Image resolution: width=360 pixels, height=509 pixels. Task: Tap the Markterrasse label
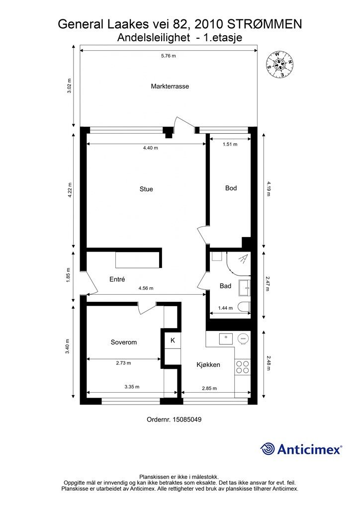[x=170, y=86]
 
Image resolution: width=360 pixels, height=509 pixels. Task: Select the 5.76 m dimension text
[x=169, y=56]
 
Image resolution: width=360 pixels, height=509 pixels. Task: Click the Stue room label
[x=146, y=189]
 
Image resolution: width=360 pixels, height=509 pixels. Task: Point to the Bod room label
[x=231, y=188]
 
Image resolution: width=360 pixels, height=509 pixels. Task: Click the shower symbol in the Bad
[x=243, y=258]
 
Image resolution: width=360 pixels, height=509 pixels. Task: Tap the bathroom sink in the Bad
[x=245, y=288]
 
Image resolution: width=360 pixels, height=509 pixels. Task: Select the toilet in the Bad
[x=244, y=307]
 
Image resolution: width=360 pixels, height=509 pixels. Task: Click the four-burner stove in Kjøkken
[x=243, y=367]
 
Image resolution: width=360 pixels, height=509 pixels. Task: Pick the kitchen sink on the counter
[x=226, y=339]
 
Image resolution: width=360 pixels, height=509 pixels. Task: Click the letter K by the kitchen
[x=173, y=340]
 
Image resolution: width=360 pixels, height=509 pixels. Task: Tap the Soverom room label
[x=124, y=342]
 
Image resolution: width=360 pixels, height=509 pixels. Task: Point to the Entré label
[x=117, y=279]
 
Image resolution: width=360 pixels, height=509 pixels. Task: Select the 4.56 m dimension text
[x=146, y=288]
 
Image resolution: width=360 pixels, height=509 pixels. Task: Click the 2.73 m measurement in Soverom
[x=123, y=363]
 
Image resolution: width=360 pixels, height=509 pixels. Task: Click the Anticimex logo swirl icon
[x=268, y=449]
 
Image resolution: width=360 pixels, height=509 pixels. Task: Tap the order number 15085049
[x=187, y=420]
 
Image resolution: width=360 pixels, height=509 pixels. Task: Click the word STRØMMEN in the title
[x=265, y=24]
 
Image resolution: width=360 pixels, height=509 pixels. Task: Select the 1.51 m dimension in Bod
[x=230, y=144]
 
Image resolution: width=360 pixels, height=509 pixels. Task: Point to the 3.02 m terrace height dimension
[x=69, y=86]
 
